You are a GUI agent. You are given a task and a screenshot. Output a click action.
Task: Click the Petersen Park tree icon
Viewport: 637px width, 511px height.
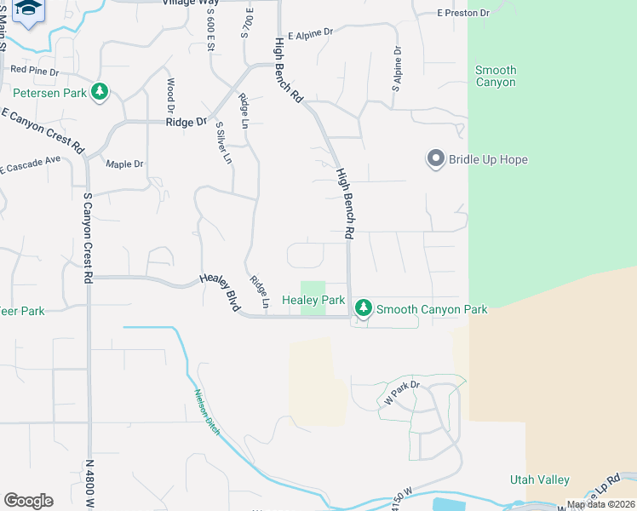pyautogui.click(x=100, y=91)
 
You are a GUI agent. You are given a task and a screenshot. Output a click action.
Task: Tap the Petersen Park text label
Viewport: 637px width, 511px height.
pyautogui.click(x=49, y=92)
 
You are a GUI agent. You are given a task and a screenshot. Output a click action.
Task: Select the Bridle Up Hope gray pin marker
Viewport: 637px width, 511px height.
pyautogui.click(x=435, y=159)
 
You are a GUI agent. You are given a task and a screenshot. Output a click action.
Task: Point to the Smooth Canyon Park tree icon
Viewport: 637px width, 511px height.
pyautogui.click(x=364, y=307)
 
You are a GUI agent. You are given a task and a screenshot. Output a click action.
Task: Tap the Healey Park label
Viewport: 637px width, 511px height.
pyautogui.click(x=313, y=300)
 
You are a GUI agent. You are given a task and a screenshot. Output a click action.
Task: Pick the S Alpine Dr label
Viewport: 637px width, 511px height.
pyautogui.click(x=396, y=69)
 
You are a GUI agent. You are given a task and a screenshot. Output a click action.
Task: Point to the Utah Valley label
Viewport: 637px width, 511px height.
pyautogui.click(x=539, y=480)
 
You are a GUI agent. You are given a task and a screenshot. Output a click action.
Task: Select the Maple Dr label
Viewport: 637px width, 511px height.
pyautogui.click(x=124, y=164)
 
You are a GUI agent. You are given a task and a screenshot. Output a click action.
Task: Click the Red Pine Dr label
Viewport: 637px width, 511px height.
pyautogui.click(x=34, y=71)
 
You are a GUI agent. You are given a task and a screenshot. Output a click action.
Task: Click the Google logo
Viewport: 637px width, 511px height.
pyautogui.click(x=28, y=500)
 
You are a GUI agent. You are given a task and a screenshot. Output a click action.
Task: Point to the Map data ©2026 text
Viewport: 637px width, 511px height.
pyautogui.click(x=600, y=504)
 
